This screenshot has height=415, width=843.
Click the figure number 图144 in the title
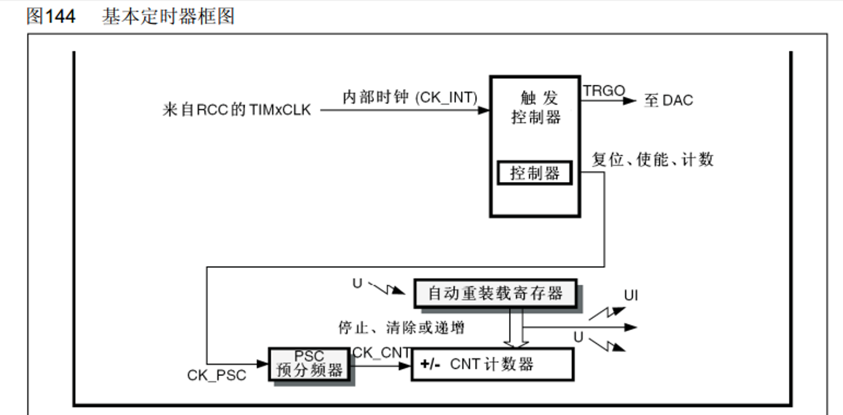pyautogui.click(x=51, y=17)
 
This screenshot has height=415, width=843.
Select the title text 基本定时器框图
pyautogui.click(x=169, y=17)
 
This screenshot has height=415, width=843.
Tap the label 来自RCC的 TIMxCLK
pyautogui.click(x=237, y=110)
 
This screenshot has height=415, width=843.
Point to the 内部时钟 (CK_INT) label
pyautogui.click(x=410, y=97)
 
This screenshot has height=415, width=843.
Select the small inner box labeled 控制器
pyautogui.click(x=535, y=173)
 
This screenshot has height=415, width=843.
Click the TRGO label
pyautogui.click(x=603, y=91)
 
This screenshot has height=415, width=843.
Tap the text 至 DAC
pyautogui.click(x=668, y=101)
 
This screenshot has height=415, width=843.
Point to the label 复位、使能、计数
pyautogui.click(x=653, y=160)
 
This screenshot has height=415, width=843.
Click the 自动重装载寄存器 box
pyautogui.click(x=495, y=293)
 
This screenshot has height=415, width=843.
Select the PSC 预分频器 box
pyautogui.click(x=309, y=364)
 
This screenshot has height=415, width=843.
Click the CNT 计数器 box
pyautogui.click(x=493, y=365)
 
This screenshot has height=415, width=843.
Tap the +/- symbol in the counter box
pyautogui.click(x=430, y=365)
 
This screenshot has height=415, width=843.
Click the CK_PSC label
pyautogui.click(x=217, y=375)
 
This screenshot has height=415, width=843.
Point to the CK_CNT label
pyautogui.click(x=381, y=353)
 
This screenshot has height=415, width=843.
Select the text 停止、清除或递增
pyautogui.click(x=401, y=328)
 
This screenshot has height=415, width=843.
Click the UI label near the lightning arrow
pyautogui.click(x=631, y=296)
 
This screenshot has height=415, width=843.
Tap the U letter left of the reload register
pyautogui.click(x=357, y=283)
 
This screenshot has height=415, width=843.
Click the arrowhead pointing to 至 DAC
pyautogui.click(x=630, y=101)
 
